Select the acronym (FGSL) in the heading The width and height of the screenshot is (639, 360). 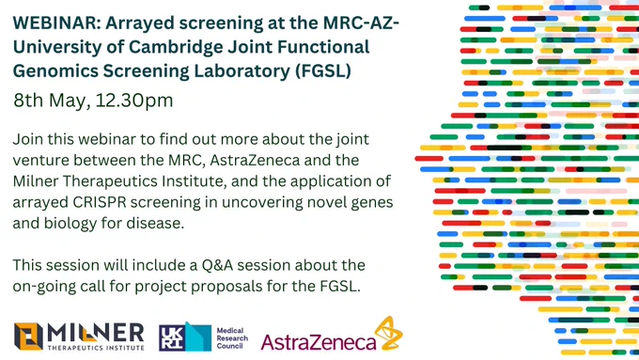coord(323,70)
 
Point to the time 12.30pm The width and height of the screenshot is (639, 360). coord(134,100)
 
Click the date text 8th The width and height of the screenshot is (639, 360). coord(28,100)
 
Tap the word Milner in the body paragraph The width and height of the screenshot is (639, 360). coord(35,181)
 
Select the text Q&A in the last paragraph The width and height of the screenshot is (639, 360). coord(217,265)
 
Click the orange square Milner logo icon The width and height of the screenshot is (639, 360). coord(28,337)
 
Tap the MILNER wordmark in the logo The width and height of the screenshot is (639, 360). coord(95,333)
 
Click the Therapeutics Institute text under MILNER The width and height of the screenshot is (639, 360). coord(96,348)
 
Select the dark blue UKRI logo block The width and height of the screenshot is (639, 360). coord(172,338)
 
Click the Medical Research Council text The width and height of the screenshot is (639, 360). coord(232,338)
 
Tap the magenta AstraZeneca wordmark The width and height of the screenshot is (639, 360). coord(318,342)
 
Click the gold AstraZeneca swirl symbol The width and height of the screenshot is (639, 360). coord(388,333)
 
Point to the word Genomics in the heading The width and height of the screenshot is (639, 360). coord(55,71)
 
